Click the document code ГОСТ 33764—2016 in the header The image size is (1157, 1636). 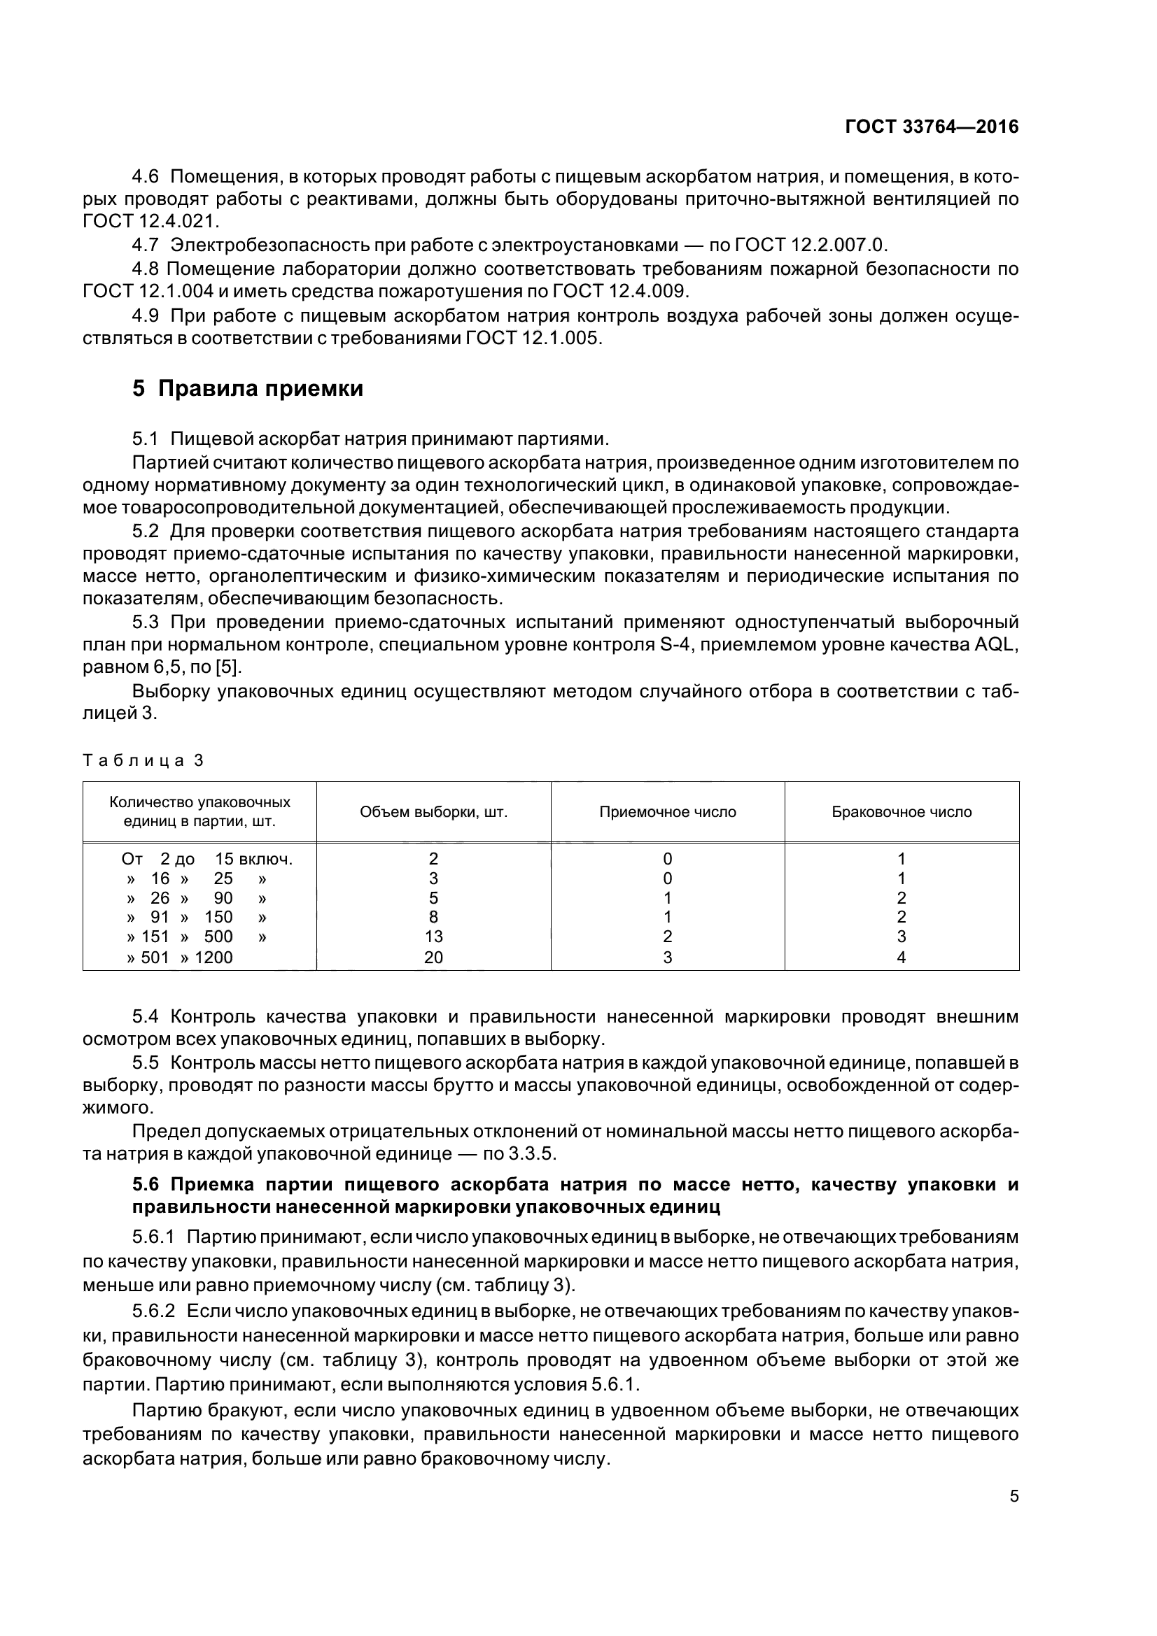931,127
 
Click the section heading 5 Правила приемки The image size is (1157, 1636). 247,389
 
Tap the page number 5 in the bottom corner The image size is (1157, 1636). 1014,1496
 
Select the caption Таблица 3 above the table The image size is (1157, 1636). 143,760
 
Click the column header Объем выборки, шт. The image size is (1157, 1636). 433,812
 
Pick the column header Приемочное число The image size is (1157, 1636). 667,812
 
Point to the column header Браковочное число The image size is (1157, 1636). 901,812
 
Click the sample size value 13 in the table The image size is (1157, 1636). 433,937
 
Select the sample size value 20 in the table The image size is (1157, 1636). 433,958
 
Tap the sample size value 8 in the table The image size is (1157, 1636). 433,918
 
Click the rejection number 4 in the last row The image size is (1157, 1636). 901,958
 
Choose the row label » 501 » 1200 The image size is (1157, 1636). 180,958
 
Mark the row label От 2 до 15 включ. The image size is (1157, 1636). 207,860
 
